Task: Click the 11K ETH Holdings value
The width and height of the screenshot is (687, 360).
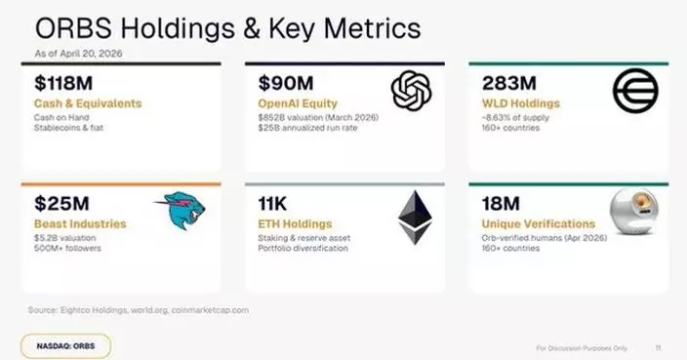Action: [272, 205]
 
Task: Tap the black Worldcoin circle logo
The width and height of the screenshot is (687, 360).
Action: [634, 92]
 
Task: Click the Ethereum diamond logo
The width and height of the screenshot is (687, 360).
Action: [413, 216]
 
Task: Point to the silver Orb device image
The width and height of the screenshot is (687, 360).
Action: [632, 213]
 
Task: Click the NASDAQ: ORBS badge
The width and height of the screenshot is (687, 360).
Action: [65, 345]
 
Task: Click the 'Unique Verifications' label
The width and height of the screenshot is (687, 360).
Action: [532, 223]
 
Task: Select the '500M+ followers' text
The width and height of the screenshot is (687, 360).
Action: [67, 247]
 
